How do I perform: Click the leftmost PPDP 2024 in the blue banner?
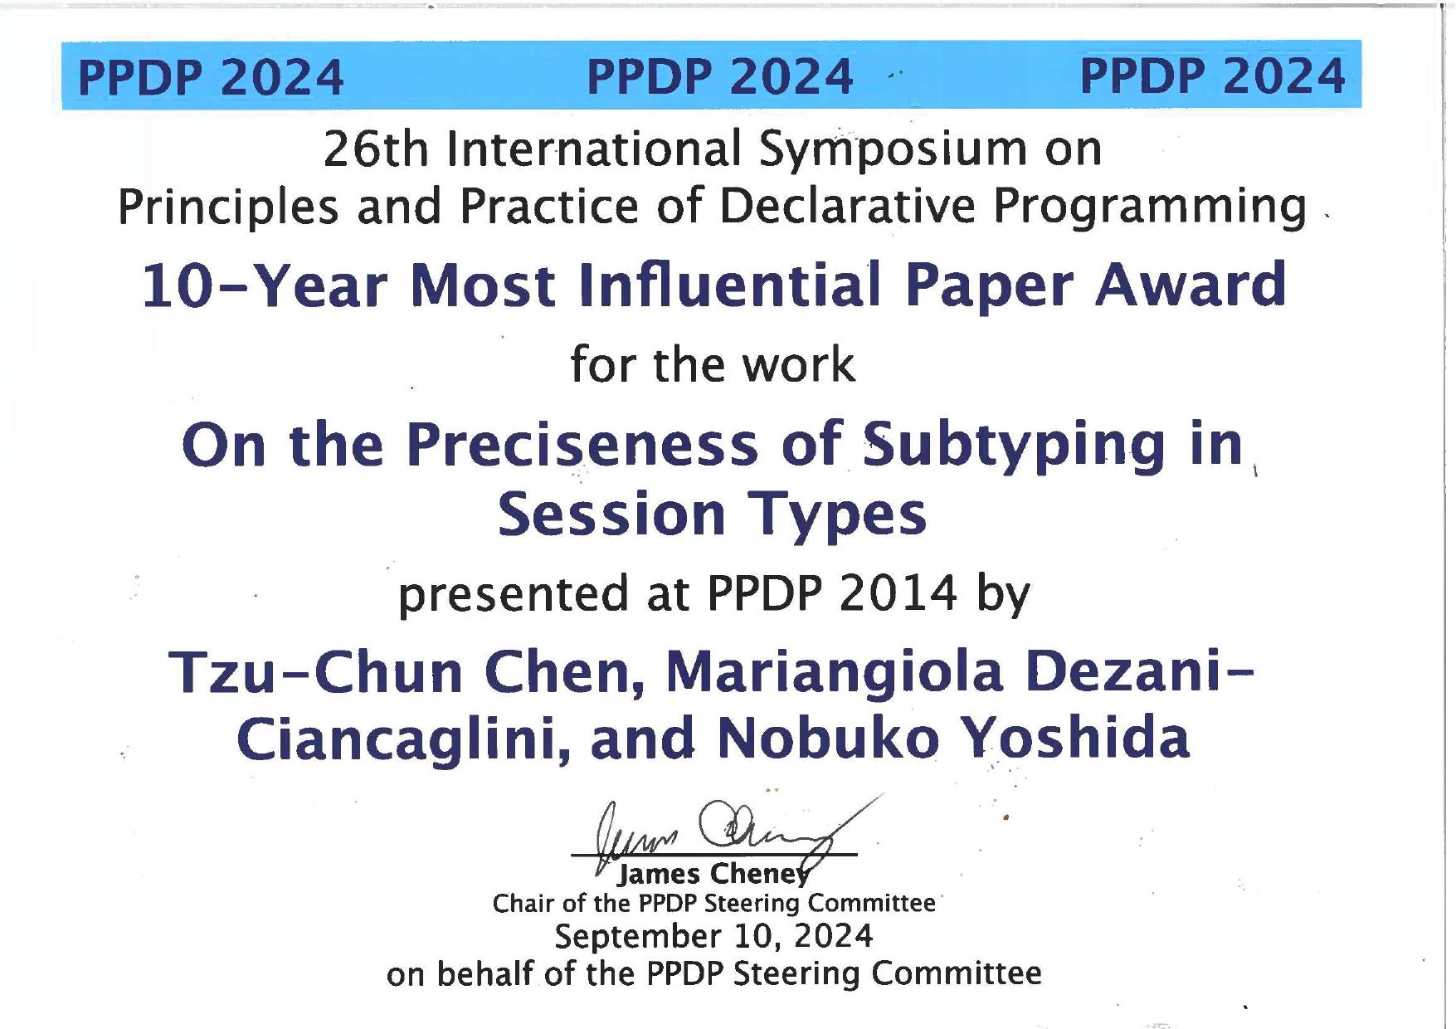pos(211,77)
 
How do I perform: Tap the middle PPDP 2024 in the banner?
pos(720,77)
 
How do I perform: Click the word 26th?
pos(376,149)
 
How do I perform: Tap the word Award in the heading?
pos(1191,285)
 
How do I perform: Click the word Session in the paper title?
pos(612,514)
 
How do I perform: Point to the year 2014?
pos(898,593)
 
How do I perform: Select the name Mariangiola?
pos(835,674)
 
